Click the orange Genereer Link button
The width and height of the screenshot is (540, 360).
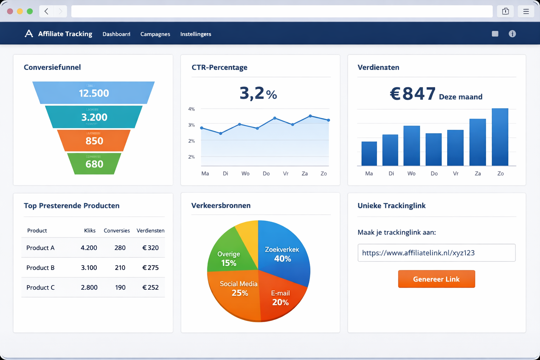436,279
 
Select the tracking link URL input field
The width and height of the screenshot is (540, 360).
436,253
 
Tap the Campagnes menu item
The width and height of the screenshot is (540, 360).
155,34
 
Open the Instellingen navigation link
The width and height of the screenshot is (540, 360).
195,34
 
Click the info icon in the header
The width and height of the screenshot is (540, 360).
512,34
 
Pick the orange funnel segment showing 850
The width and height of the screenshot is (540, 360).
94,141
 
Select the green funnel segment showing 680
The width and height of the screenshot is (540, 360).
94,164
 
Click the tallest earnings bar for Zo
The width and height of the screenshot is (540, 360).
500,137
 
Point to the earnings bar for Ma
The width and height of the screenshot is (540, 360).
369,154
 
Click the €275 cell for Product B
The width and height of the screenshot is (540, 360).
150,268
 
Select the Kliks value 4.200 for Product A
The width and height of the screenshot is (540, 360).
89,248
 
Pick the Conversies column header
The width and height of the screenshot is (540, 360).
117,231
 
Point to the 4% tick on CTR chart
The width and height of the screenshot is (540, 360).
191,109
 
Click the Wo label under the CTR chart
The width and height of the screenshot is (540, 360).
245,174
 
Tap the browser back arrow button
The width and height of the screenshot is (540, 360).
46,11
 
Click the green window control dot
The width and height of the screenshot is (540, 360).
30,11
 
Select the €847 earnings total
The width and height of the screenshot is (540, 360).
412,94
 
